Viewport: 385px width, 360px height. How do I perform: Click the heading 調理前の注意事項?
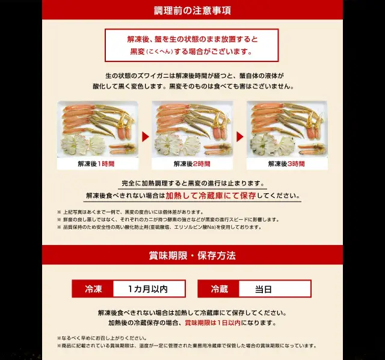pos(192,11)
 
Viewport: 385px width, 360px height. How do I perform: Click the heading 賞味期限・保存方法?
pos(192,256)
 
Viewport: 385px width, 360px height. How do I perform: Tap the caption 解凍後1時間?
pos(96,164)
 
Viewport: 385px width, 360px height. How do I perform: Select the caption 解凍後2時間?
pos(192,164)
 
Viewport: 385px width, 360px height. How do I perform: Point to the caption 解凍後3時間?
pos(286,164)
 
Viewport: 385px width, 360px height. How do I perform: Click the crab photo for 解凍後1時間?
pos(97,129)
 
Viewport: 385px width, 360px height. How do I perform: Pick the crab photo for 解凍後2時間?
pos(192,129)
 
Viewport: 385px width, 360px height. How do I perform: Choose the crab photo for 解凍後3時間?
pos(287,129)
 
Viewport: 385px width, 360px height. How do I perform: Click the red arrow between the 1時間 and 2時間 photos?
pos(146,137)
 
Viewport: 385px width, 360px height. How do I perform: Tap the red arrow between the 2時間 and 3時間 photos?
pos(240,137)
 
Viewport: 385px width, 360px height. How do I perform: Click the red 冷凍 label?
pos(93,289)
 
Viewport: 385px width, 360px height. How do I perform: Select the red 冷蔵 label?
pos(219,289)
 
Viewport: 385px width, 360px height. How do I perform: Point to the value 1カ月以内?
pos(148,289)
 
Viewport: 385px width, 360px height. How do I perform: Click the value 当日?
pos(263,289)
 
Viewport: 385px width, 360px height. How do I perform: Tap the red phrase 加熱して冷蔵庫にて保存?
pos(211,196)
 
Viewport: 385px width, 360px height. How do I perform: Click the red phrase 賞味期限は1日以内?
pos(212,323)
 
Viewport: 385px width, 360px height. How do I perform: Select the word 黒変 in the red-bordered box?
pos(137,52)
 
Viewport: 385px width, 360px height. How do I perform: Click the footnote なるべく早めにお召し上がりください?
pos(102,338)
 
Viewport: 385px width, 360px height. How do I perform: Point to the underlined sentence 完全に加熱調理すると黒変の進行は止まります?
pos(192,184)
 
